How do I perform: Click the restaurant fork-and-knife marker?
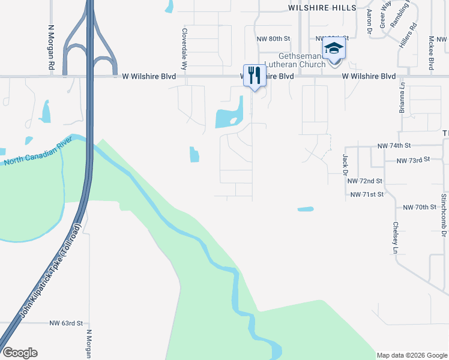coord(255,76)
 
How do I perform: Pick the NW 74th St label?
coord(394,146)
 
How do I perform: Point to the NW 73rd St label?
coord(414,160)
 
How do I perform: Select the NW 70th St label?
coord(419,207)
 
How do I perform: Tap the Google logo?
coord(20,353)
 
